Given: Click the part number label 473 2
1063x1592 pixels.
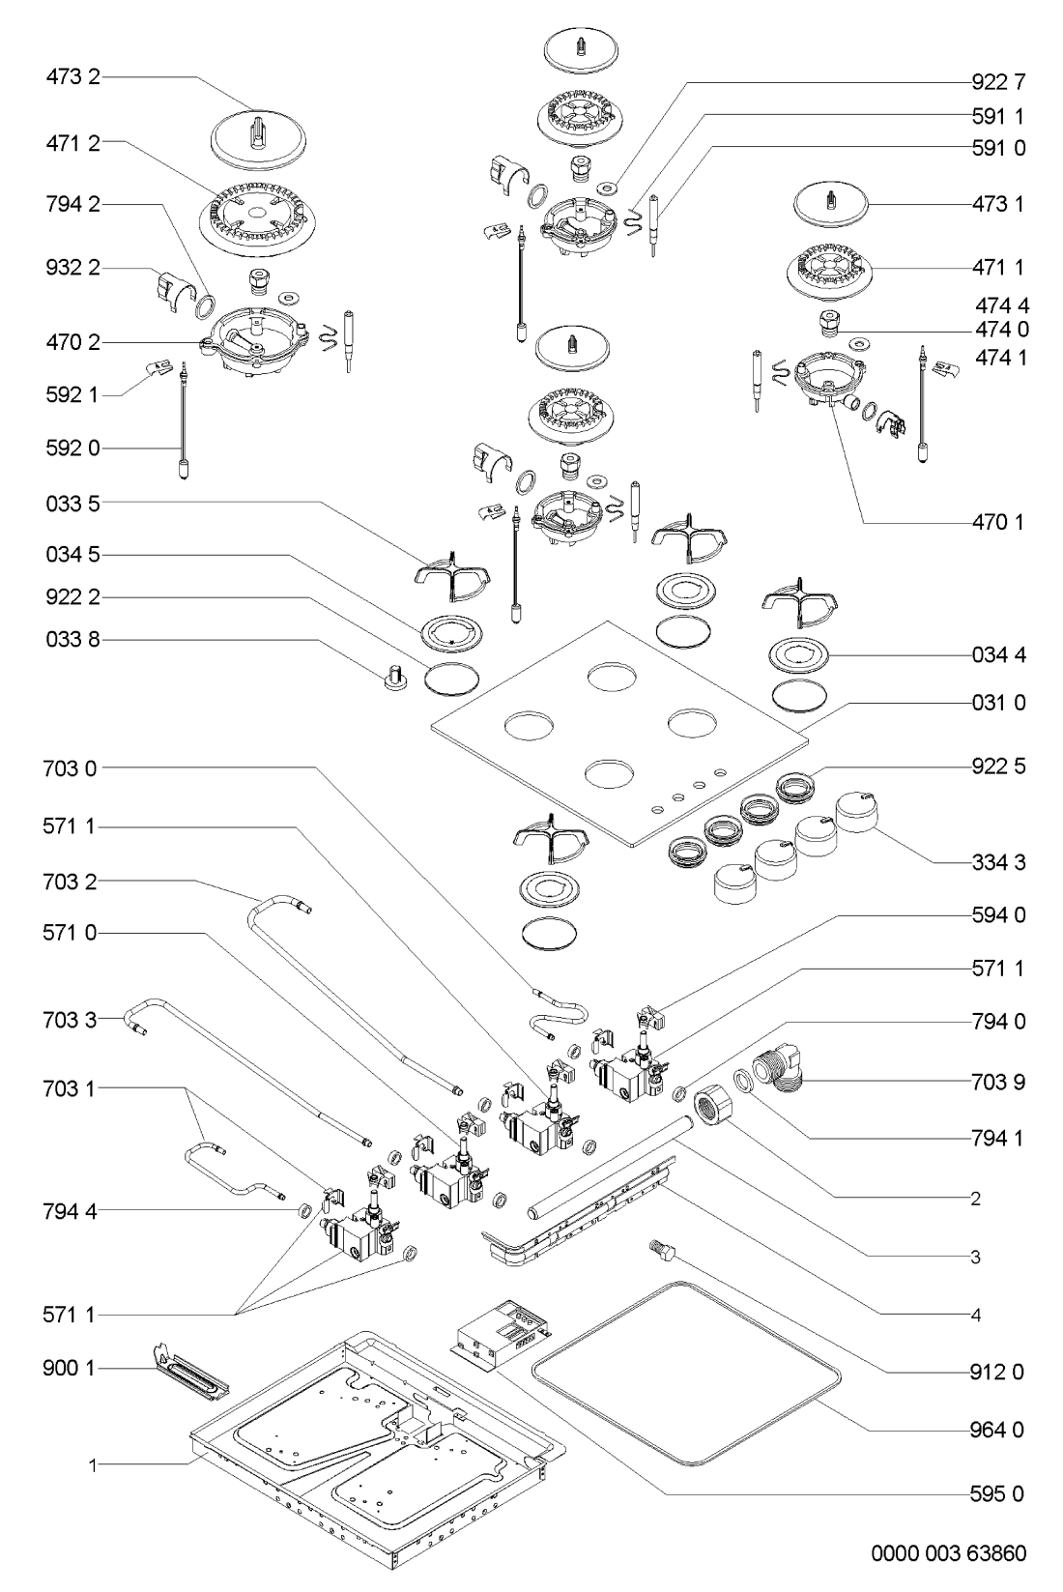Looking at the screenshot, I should (x=72, y=78).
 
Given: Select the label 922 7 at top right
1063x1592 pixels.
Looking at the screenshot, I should (x=998, y=82).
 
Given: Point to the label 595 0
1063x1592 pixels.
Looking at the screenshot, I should (x=998, y=1494).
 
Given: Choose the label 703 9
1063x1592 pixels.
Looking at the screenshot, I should (x=998, y=1082).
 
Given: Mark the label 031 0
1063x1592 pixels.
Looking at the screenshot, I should (x=998, y=703).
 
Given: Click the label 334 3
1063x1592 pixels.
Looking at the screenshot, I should (x=998, y=862).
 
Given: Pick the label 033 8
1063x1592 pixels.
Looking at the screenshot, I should (x=72, y=640).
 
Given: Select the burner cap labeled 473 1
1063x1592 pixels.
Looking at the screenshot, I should (x=832, y=207).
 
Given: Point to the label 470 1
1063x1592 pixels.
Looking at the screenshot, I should (x=998, y=523).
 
